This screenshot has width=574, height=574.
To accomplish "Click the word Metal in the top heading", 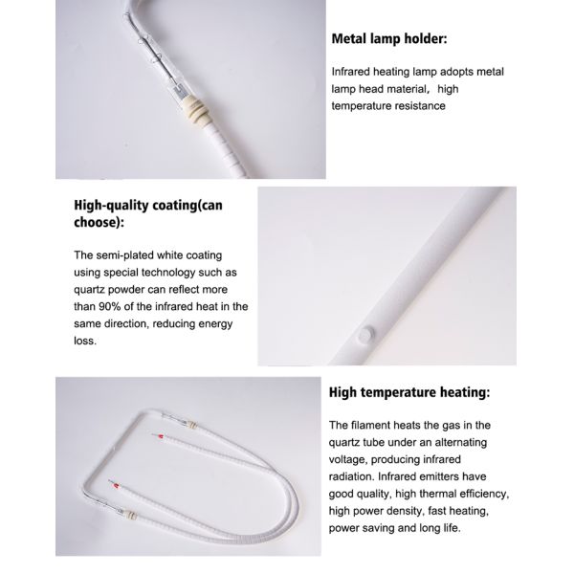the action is tap(349, 38).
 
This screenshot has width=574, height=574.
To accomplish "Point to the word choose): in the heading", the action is tap(99, 222).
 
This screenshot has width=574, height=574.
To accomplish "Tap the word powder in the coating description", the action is tap(123, 290).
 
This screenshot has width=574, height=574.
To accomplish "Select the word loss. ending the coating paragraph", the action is tap(85, 341).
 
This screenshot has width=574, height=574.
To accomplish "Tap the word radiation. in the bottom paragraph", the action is tap(351, 476).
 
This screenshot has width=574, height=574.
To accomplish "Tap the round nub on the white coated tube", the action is tap(365, 334).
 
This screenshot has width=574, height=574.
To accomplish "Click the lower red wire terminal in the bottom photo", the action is tap(117, 486).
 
